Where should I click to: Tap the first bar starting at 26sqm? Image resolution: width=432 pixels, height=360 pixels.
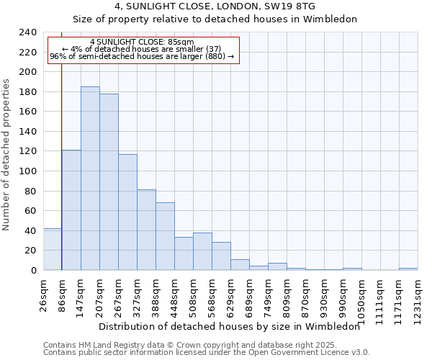pyautogui.click(x=53, y=249)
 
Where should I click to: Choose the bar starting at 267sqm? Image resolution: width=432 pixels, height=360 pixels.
pyautogui.click(x=127, y=212)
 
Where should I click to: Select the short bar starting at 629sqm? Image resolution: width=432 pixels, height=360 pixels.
pyautogui.click(x=240, y=264)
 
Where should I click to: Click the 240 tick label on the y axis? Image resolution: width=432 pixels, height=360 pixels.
pyautogui.click(x=28, y=32)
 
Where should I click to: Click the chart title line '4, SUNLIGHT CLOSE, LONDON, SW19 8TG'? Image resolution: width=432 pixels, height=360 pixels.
pyautogui.click(x=215, y=6)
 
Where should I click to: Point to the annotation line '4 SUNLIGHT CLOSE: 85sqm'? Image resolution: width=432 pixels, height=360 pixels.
pyautogui.click(x=142, y=42)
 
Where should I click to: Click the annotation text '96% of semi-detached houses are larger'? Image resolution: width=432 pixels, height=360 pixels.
pyautogui.click(x=142, y=56)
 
